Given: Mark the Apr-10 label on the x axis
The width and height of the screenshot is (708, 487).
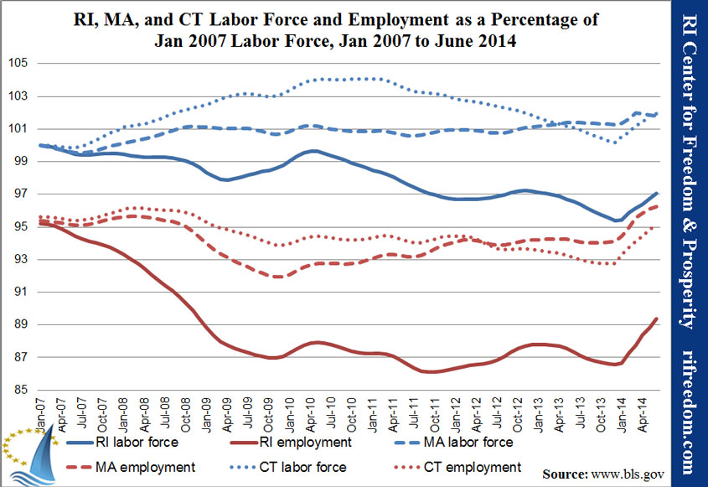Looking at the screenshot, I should [x=310, y=411].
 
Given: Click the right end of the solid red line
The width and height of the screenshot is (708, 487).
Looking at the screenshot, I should [x=656, y=319].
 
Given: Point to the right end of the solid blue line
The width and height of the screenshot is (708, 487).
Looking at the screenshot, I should [x=656, y=193].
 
